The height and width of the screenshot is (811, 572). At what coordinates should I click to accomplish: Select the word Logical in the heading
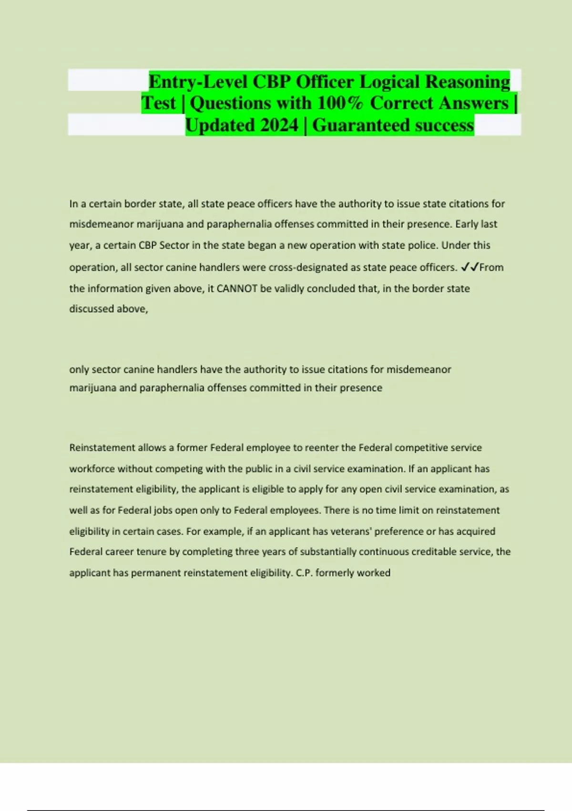click(390, 82)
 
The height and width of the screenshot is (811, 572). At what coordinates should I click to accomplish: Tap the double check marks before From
click(470, 267)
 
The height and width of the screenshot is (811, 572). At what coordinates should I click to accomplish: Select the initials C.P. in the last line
click(304, 572)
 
